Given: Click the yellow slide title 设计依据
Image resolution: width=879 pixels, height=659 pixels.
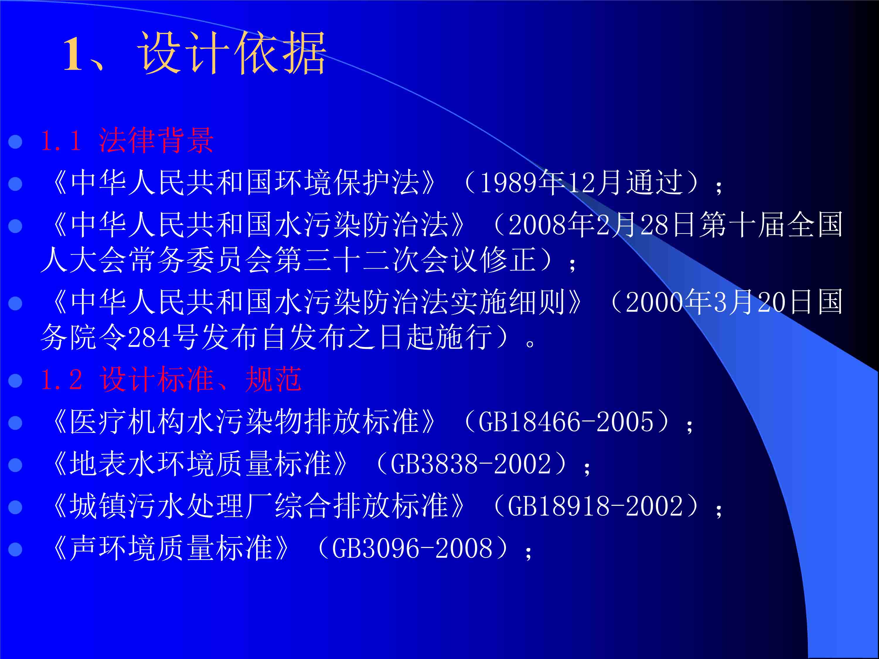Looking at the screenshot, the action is point(232,53).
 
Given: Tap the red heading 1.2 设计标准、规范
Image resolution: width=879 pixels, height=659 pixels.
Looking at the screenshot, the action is point(171,379).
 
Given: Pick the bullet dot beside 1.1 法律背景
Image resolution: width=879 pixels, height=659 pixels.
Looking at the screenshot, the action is point(15,142).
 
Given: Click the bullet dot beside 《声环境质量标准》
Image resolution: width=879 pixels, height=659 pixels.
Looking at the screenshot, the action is point(15,549).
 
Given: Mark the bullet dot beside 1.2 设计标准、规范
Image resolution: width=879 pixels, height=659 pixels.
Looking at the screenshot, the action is point(15,380).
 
